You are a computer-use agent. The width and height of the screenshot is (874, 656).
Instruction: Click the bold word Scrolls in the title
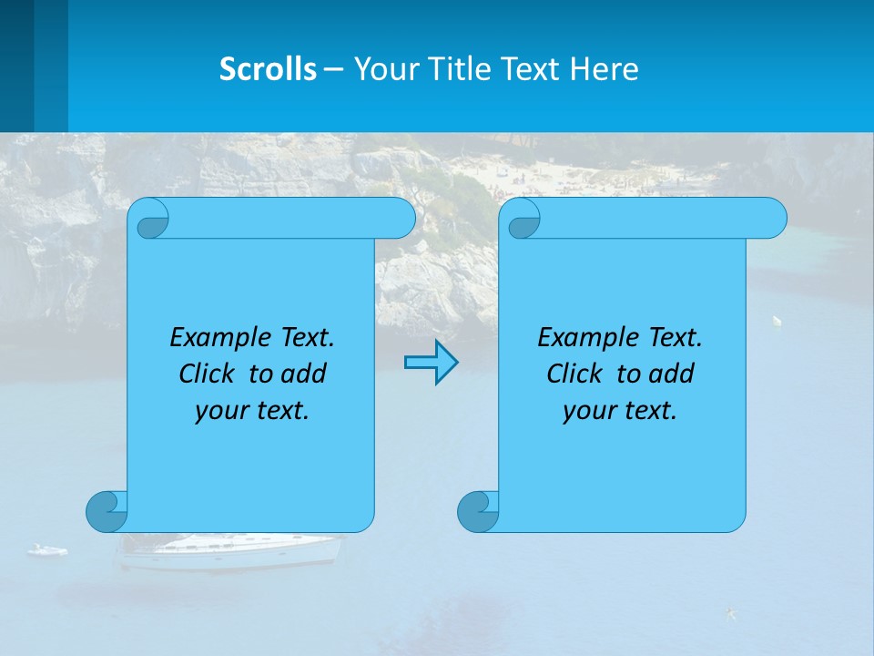[x=269, y=69]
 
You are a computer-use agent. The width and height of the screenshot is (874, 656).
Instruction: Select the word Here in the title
[x=605, y=69]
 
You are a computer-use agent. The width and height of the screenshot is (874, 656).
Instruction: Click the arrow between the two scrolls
[x=431, y=363]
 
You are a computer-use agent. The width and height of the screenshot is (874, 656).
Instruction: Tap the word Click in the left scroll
[x=208, y=374]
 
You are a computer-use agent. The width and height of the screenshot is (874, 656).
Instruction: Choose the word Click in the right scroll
[x=576, y=374]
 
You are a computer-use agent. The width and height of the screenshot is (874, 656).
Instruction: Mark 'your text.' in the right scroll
[x=620, y=411]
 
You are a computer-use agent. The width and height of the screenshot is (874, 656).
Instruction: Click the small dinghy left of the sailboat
[x=47, y=550]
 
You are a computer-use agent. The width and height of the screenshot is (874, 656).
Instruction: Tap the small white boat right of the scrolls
[x=777, y=321]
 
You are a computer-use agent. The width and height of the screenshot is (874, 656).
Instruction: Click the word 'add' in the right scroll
[x=672, y=374]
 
